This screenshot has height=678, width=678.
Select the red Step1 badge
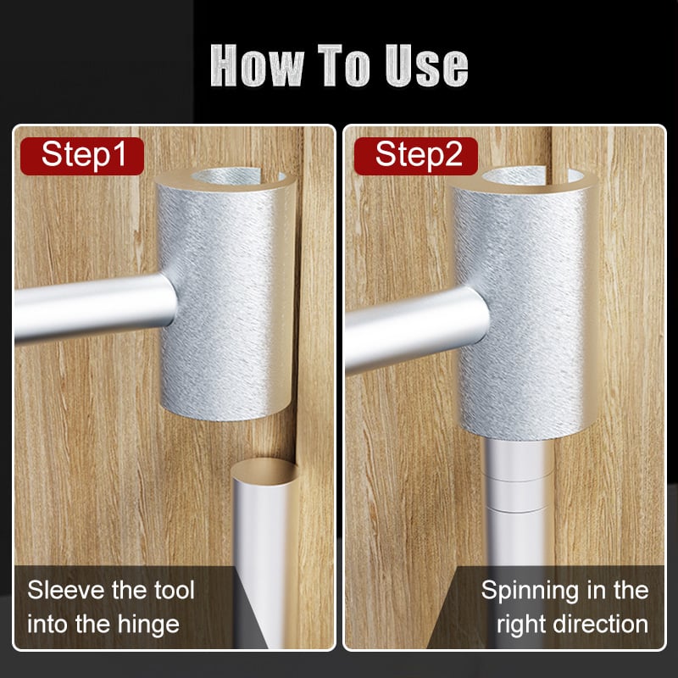[82, 155]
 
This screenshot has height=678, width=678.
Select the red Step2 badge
[415, 155]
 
